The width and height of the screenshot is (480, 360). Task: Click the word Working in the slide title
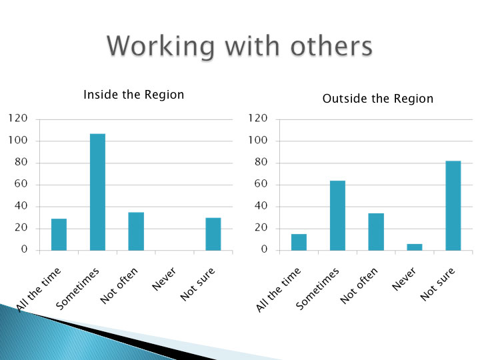[161, 46]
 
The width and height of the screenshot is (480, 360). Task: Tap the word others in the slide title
[331, 46]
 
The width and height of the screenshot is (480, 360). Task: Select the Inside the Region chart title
[134, 95]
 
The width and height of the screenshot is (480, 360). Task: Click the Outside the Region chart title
[378, 99]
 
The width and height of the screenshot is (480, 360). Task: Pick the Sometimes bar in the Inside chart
[97, 192]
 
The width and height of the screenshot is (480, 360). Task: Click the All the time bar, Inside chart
[59, 235]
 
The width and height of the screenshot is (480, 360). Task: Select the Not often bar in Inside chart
[136, 231]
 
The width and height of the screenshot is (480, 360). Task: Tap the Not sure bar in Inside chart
[213, 234]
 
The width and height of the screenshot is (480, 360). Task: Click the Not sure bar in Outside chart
[453, 205]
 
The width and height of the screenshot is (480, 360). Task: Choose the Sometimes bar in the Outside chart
[337, 215]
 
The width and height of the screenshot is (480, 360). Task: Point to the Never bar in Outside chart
[415, 247]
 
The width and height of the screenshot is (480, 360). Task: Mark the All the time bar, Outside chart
[299, 242]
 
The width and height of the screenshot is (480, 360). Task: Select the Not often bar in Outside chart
[376, 232]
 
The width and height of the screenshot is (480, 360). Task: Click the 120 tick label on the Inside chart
[18, 118]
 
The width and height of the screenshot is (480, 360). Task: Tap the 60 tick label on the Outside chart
[261, 184]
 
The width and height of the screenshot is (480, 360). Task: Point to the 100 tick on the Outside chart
[258, 140]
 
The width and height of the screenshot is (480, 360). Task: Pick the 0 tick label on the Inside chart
[24, 249]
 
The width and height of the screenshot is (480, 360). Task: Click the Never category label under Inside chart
[165, 279]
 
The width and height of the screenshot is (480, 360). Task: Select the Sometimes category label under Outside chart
[318, 289]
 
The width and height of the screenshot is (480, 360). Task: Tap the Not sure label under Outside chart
[438, 284]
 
